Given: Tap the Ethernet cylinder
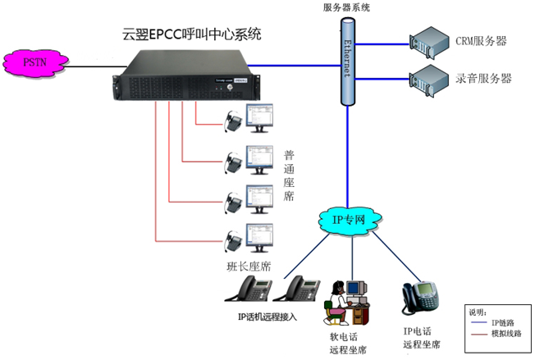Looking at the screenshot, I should (347, 62).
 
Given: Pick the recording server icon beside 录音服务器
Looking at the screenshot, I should (428, 78).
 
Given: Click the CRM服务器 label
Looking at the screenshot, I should (481, 40).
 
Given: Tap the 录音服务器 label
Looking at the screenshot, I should (483, 79).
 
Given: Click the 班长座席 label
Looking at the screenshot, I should (249, 267).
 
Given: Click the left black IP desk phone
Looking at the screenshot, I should (253, 290).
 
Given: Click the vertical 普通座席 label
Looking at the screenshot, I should (289, 175).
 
